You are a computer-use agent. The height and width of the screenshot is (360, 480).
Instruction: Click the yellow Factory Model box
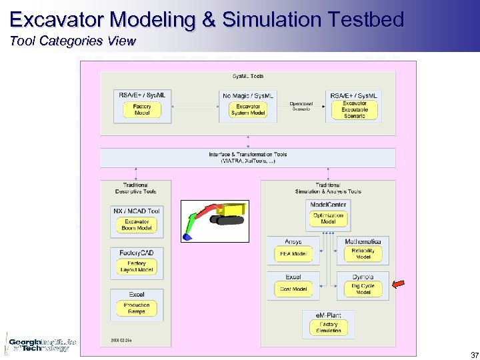click(142, 110)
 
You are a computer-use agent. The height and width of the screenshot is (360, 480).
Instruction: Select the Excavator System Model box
click(248, 110)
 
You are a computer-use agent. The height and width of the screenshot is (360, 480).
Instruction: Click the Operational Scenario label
click(301, 106)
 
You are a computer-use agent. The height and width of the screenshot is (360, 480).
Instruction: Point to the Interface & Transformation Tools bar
click(248, 157)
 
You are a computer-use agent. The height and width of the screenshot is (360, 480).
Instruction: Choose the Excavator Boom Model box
click(137, 225)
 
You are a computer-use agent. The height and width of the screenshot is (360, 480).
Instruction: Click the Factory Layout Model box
click(137, 267)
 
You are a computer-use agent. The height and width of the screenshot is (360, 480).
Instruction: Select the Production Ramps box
click(137, 308)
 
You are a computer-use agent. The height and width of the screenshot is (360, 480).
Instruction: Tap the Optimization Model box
click(328, 219)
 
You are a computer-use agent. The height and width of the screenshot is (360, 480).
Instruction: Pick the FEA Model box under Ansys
click(293, 254)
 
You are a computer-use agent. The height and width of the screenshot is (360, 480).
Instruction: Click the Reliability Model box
click(363, 254)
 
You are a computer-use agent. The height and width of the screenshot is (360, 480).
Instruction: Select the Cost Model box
click(293, 289)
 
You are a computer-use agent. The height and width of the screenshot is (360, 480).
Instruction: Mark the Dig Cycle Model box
click(363, 289)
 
